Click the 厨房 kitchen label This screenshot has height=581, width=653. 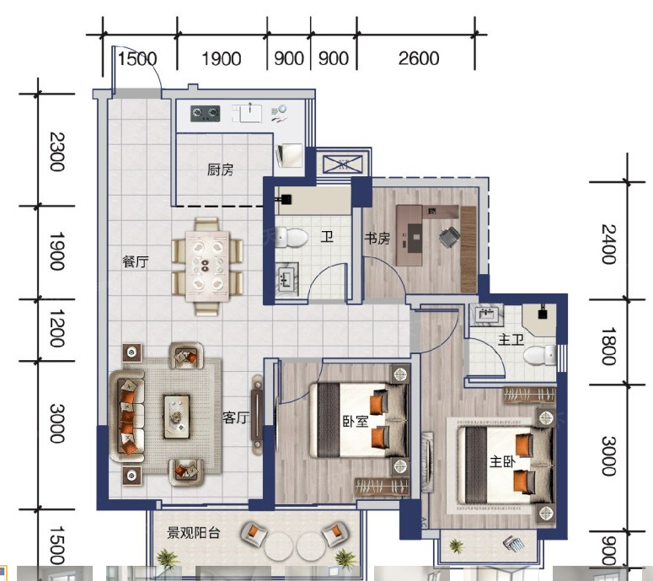(220, 169)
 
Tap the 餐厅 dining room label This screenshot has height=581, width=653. (136, 261)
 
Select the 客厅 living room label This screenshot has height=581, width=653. (236, 417)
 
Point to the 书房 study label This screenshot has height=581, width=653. (377, 239)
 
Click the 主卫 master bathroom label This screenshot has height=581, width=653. (511, 340)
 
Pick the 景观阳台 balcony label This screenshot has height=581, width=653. (193, 533)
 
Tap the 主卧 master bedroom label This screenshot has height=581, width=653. (502, 462)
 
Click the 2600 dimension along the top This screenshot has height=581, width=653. (419, 58)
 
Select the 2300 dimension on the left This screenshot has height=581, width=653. (57, 152)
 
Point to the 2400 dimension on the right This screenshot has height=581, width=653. (608, 245)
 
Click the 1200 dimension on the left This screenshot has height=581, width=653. (57, 328)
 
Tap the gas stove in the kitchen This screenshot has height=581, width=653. (206, 113)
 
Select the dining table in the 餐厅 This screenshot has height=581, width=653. (207, 266)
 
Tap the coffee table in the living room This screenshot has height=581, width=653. (177, 417)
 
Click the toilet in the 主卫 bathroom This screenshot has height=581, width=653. (539, 356)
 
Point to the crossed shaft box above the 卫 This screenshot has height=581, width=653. (343, 164)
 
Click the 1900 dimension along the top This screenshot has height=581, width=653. (222, 59)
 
